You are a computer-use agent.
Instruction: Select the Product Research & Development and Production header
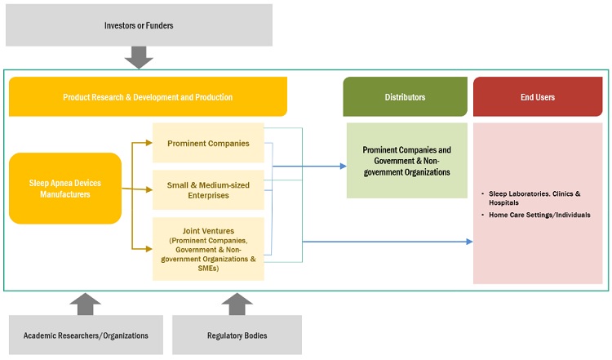[148, 97]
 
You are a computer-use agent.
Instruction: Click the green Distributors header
[405, 97]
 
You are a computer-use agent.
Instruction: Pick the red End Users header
[537, 97]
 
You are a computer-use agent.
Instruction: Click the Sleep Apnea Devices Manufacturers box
[65, 189]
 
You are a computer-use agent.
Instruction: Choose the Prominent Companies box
[208, 144]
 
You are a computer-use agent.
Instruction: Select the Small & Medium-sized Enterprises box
[208, 190]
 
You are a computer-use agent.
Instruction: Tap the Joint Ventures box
[208, 249]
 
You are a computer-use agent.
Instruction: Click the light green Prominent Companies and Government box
[406, 161]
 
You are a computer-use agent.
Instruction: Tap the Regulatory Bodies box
[237, 336]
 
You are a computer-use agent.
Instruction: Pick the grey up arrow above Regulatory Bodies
[237, 304]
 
